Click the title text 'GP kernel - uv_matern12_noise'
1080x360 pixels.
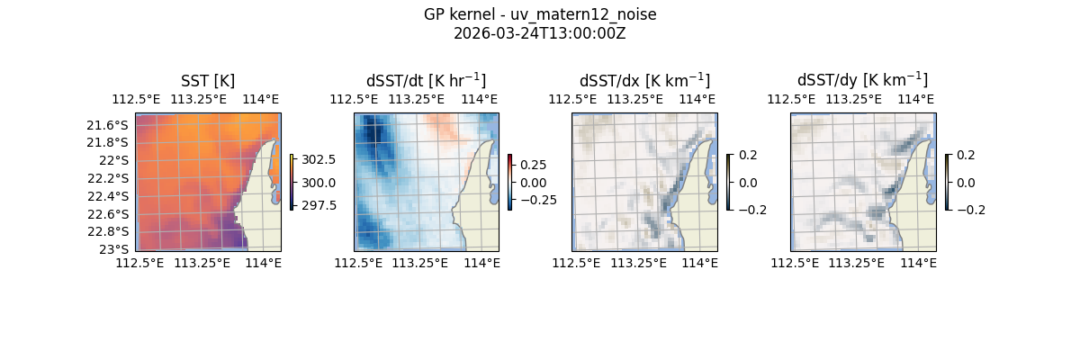point(540,14)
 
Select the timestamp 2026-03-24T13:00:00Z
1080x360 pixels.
point(540,33)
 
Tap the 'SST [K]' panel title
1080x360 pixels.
point(208,81)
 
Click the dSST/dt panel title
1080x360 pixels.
point(426,81)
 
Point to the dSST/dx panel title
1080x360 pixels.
point(644,81)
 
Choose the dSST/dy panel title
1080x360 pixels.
point(862,81)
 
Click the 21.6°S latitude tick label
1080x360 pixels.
point(106,125)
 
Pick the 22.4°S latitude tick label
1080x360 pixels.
point(106,196)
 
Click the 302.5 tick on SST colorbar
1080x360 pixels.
point(319,159)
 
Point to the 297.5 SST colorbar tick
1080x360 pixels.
point(319,205)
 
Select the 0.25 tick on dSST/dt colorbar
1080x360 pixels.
point(534,165)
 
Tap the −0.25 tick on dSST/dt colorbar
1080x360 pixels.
point(537,200)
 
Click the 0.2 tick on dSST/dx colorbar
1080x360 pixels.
point(748,155)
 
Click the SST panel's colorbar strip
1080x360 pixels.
point(292,182)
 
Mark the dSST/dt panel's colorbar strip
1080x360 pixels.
point(509,182)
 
